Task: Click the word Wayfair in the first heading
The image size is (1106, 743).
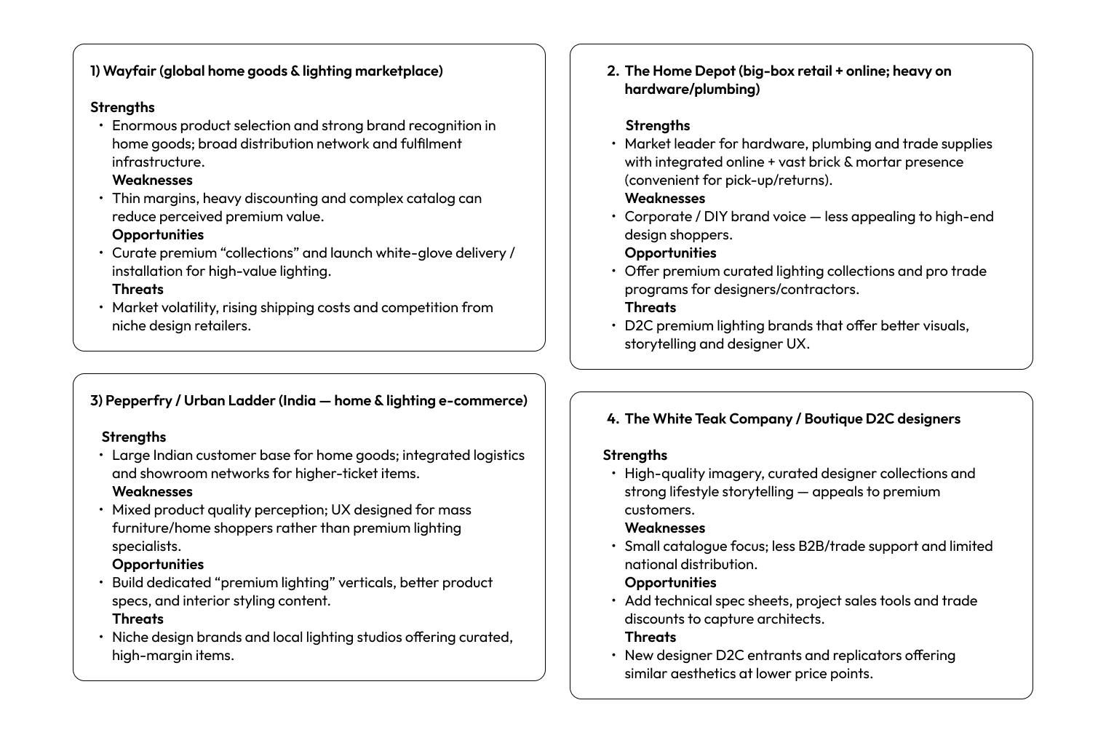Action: [x=129, y=71]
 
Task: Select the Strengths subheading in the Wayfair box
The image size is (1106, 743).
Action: [x=122, y=107]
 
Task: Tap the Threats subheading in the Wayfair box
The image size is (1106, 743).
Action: [x=138, y=289]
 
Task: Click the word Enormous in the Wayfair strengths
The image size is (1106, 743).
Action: [x=144, y=125]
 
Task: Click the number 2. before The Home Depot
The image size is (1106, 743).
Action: [x=613, y=71]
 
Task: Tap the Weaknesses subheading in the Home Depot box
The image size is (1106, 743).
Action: [x=664, y=198]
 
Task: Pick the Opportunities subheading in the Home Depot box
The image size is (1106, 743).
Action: [x=670, y=253]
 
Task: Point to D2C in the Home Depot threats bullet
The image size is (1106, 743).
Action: [x=638, y=325]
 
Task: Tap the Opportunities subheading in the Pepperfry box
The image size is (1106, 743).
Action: [x=158, y=564]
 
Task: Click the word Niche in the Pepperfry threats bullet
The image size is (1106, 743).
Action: [x=130, y=637]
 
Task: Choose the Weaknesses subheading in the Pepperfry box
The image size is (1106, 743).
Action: [x=152, y=491]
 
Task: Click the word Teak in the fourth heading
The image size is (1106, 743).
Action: [x=702, y=418]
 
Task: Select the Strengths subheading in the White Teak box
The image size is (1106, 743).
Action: [x=634, y=455]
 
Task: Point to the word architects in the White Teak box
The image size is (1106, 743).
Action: [x=791, y=619]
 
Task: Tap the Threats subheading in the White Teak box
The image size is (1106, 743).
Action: [x=650, y=637]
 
